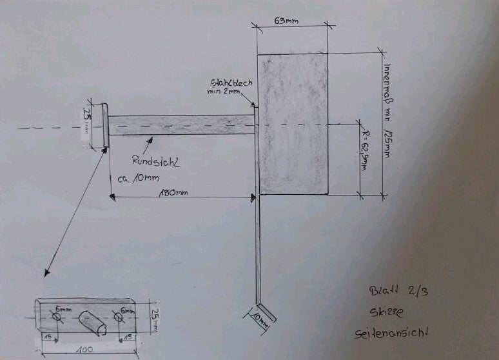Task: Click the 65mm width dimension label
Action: tap(286, 21)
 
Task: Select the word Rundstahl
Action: tap(155, 162)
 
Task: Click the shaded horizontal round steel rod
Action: tap(181, 125)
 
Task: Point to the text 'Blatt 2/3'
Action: tap(395, 292)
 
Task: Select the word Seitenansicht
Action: tap(391, 334)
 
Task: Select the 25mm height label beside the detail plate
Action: tap(155, 315)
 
